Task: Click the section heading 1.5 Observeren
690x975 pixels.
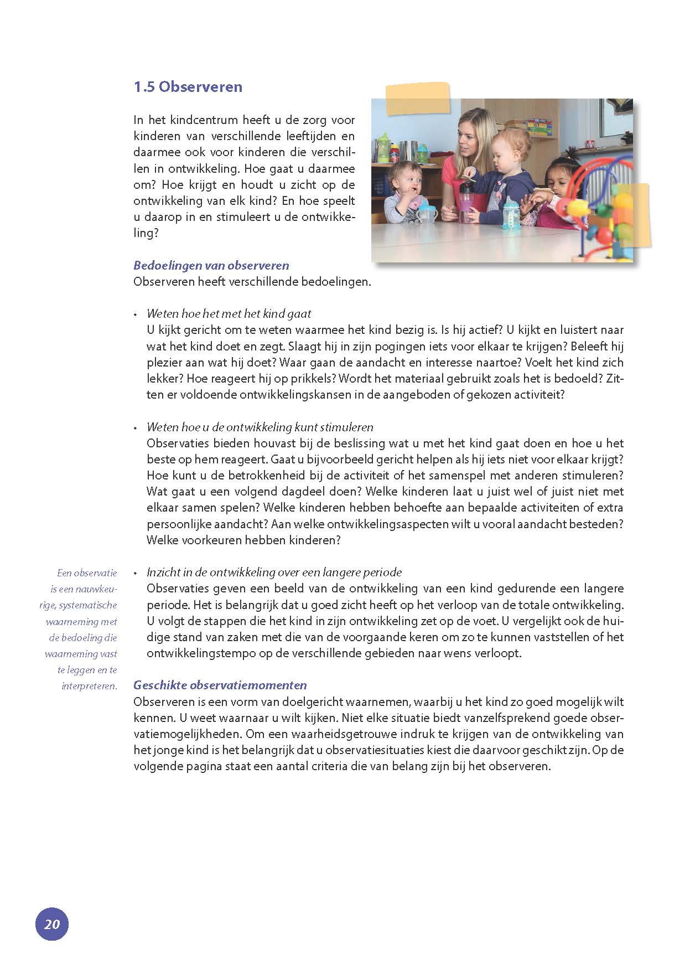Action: pyautogui.click(x=188, y=87)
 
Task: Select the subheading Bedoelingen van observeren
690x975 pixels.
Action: pyautogui.click(x=211, y=265)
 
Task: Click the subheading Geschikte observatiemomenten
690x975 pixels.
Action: pyautogui.click(x=220, y=685)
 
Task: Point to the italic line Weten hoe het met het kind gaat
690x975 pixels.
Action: pyautogui.click(x=229, y=314)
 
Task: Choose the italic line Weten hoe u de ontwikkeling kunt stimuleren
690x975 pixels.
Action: pyautogui.click(x=260, y=427)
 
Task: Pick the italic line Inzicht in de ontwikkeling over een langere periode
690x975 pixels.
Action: pyautogui.click(x=274, y=572)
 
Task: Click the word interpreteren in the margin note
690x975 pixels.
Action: pyautogui.click(x=90, y=686)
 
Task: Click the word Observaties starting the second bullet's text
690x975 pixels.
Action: pyautogui.click(x=179, y=443)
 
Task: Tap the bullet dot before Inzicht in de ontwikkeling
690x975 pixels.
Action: pyautogui.click(x=135, y=573)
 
